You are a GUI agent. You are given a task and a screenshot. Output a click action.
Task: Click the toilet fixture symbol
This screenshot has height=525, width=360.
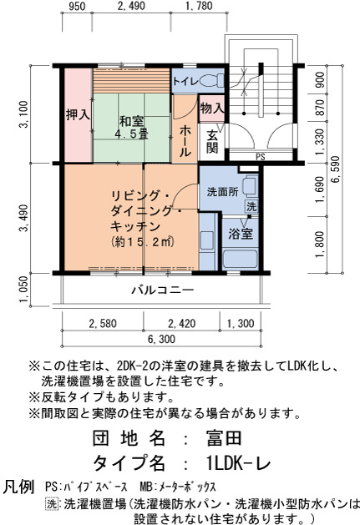[x=212, y=80]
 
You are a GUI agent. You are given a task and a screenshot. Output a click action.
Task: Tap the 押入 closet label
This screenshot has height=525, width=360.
[x=79, y=115]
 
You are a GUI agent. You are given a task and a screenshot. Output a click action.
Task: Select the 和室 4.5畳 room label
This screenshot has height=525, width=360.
[x=131, y=127]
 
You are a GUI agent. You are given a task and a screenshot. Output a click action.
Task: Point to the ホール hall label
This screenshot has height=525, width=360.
[x=185, y=141]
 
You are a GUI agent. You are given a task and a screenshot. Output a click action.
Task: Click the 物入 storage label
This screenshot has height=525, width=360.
[x=212, y=109]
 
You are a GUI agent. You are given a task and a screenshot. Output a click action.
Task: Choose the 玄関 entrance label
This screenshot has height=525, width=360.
[x=212, y=142]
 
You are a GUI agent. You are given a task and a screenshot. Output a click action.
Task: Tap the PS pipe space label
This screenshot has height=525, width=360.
[x=261, y=157]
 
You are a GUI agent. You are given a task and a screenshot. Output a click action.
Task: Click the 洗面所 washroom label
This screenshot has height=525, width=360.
[x=222, y=192]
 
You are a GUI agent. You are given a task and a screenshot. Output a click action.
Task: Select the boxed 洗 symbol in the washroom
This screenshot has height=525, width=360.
[x=251, y=206]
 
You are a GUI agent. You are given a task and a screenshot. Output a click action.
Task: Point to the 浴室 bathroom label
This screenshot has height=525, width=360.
[x=241, y=234]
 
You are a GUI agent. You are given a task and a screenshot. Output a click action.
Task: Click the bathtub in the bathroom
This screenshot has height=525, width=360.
[x=240, y=258]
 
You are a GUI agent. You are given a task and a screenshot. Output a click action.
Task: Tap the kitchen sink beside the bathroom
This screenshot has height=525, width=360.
[x=207, y=240]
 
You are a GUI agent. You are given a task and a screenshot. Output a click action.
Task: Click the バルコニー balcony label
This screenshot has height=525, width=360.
[x=163, y=290]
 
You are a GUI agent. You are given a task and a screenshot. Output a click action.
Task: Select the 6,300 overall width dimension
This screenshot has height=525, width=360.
[x=161, y=339]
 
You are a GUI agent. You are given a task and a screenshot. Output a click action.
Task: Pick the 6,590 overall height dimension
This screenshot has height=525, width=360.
[x=335, y=169]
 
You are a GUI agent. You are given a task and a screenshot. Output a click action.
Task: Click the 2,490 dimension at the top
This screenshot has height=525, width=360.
[x=131, y=6]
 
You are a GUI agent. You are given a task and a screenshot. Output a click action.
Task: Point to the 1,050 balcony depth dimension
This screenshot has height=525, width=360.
[x=23, y=289]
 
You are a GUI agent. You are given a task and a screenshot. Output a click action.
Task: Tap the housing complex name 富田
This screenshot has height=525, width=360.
[x=224, y=438]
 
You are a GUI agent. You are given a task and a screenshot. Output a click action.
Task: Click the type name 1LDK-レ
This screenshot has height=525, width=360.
[x=238, y=464]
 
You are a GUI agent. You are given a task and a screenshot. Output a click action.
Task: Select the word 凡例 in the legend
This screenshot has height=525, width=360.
[x=18, y=487]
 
